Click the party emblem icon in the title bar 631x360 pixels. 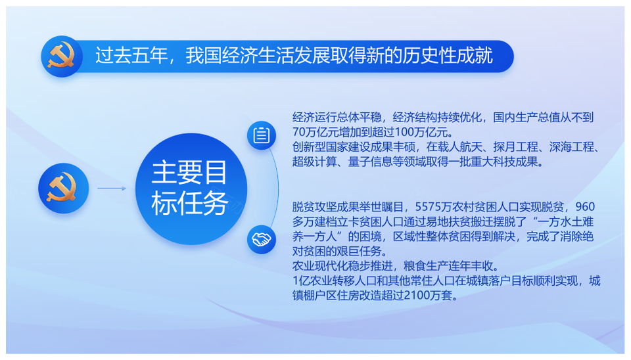coord(62,56)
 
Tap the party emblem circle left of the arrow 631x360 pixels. coord(64,189)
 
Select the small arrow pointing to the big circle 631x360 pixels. coord(112,189)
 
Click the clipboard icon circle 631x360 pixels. coord(262,135)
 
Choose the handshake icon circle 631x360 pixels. coord(262,240)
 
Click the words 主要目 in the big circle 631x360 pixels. coord(189,172)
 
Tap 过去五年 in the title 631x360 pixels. coord(131,55)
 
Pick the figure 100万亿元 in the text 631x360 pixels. coord(421,132)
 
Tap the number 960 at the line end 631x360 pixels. coord(585,207)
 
